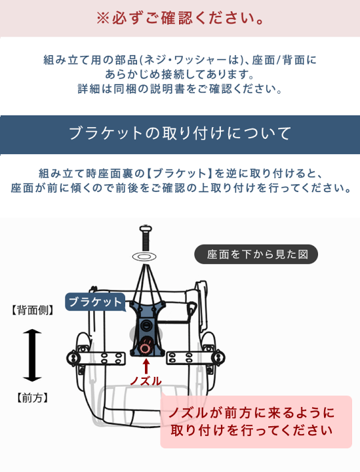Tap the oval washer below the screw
pos(145,254)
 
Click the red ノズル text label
pos(146,381)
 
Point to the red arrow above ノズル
pos(146,364)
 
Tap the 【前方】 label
pos(32,398)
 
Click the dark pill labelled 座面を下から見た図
pos(256,254)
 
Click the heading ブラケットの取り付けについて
pos(180,134)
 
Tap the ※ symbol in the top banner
pos(103,18)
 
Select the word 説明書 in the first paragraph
pos(175,88)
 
